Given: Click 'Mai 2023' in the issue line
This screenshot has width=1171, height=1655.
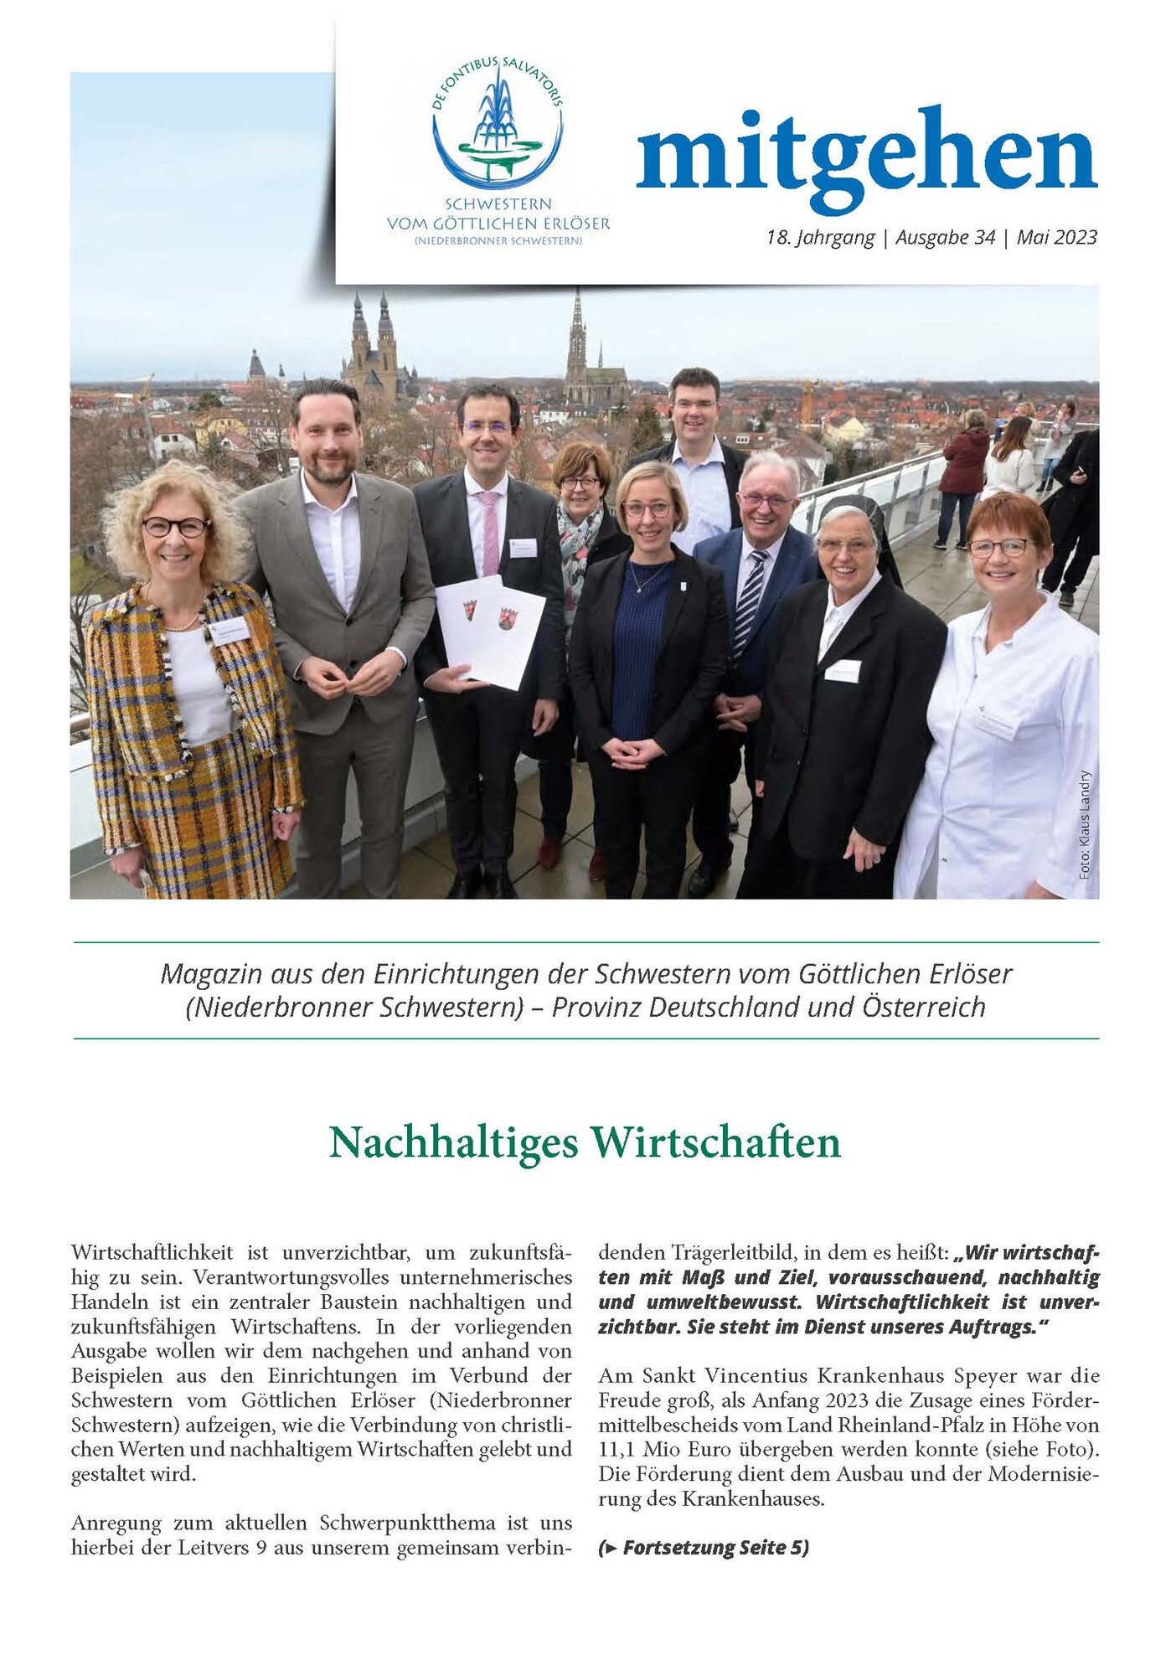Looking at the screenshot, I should click(x=1056, y=237).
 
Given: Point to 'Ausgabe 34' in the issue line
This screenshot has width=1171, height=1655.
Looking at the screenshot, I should click(x=945, y=237).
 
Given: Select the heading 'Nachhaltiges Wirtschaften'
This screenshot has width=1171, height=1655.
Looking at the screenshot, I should click(x=585, y=1142).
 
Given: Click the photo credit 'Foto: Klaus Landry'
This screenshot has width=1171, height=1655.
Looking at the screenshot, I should click(x=1085, y=824).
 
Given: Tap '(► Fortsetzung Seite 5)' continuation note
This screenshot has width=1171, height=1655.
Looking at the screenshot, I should click(x=704, y=1547).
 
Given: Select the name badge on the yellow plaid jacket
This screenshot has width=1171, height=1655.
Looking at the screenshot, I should click(x=229, y=630).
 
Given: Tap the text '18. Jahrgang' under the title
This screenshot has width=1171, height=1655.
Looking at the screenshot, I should click(x=820, y=237).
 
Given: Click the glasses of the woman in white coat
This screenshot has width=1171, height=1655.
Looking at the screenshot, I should click(x=999, y=548).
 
